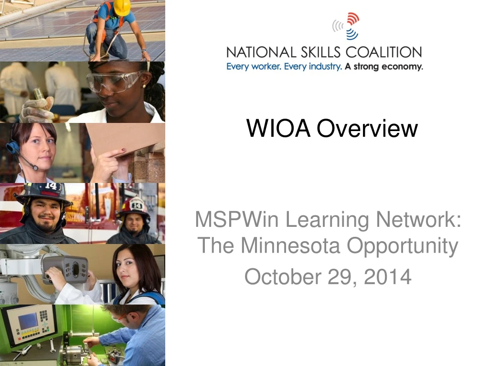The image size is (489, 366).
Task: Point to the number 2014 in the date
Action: point(387,276)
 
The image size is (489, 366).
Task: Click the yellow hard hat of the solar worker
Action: point(122,7)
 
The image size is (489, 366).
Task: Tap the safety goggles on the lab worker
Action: point(115,81)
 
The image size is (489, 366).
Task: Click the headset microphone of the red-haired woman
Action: point(33,167)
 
